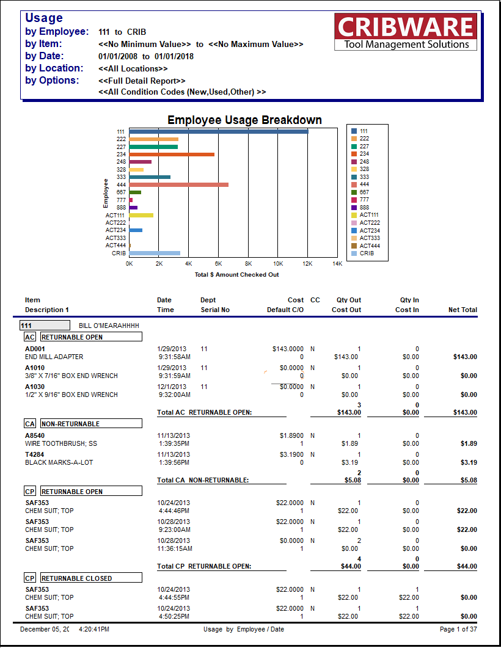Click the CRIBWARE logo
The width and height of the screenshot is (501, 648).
406,32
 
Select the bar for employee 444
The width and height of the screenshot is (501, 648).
178,184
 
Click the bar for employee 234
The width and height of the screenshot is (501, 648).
172,155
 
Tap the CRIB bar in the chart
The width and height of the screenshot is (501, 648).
155,253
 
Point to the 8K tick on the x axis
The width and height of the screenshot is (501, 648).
248,264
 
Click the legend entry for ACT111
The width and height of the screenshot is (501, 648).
369,215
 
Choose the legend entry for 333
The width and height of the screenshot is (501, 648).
364,177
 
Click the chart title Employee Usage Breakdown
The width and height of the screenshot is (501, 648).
244,120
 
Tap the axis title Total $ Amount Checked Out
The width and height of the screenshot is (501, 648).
236,275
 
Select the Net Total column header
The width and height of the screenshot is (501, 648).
463,310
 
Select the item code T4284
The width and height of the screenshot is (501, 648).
34,454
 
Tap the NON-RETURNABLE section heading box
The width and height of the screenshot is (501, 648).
91,423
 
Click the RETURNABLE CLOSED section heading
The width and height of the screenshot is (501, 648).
91,578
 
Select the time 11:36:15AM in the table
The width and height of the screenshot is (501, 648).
175,548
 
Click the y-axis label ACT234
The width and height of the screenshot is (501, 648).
115,230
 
